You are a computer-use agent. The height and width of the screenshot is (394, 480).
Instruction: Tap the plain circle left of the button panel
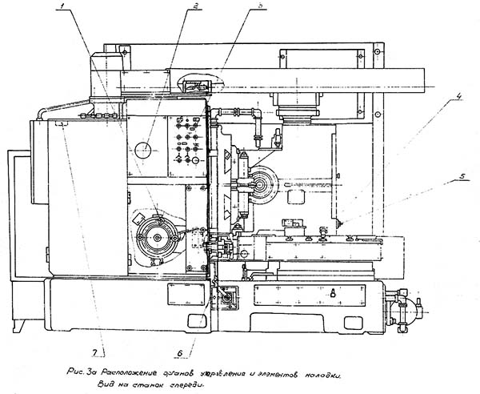pyautogui.click(x=143, y=150)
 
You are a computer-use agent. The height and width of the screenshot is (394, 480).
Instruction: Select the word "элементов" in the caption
pyautogui.click(x=274, y=373)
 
